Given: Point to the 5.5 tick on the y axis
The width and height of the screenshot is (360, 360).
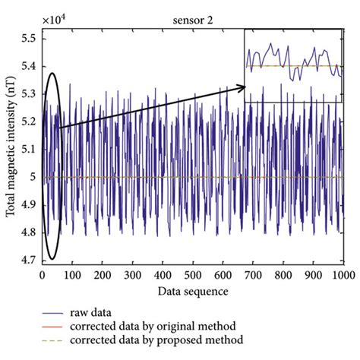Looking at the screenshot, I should [30, 36].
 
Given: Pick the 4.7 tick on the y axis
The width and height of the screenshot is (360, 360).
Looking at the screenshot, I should [30, 261].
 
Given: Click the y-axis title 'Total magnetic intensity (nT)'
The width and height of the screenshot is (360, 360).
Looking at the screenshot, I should [11, 148].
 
